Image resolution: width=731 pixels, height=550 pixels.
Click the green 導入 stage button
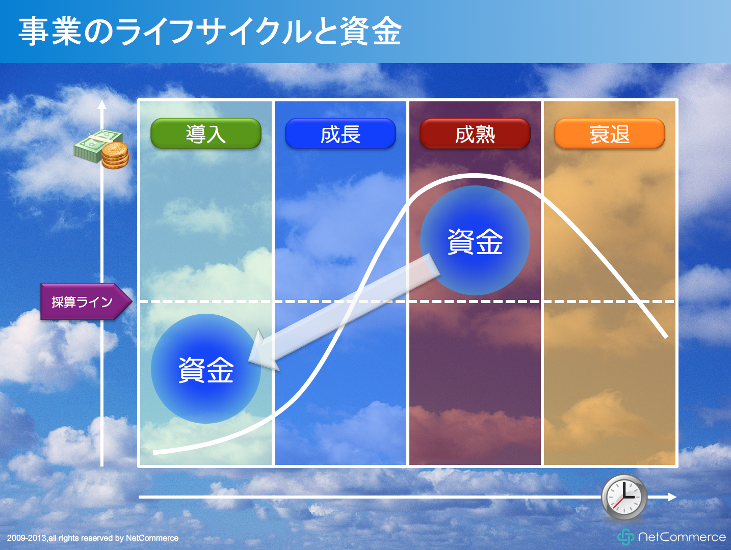click(206, 133)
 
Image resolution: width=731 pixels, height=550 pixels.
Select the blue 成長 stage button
click(341, 133)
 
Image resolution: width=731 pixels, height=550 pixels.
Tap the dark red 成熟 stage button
click(475, 133)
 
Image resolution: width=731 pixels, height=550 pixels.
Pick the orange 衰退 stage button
click(610, 133)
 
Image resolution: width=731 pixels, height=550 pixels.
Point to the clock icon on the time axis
click(624, 497)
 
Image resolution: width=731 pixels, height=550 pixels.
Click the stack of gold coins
click(115, 156)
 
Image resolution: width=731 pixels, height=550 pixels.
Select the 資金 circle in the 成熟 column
click(475, 240)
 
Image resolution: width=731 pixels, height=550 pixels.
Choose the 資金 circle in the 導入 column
click(206, 369)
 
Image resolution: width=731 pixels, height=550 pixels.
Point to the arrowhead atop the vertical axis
click(102, 104)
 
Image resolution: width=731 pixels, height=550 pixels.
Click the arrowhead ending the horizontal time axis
click(672, 497)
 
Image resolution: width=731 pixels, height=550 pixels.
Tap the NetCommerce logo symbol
click(625, 537)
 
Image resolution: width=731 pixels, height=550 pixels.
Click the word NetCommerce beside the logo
click(682, 537)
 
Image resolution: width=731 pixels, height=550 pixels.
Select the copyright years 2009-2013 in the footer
click(27, 538)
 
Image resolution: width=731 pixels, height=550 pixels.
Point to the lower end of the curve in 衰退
click(666, 337)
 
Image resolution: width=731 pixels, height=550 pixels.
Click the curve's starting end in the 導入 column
click(154, 453)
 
